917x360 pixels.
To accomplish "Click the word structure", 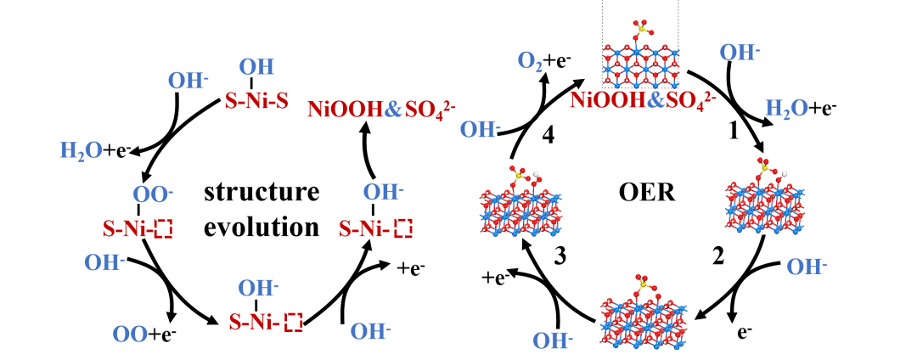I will pyautogui.click(x=262, y=192).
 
